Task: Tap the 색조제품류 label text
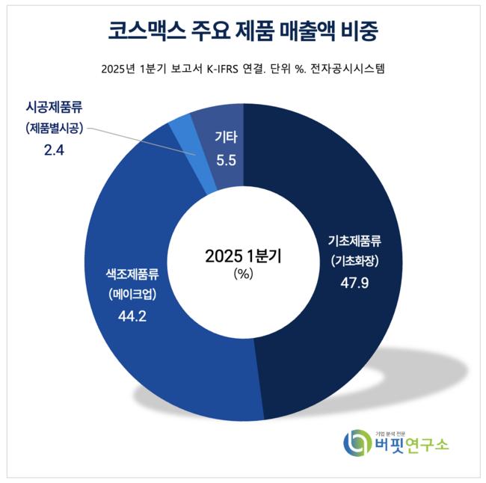click(132, 273)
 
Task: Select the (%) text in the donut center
click(244, 274)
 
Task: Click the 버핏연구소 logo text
click(412, 446)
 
